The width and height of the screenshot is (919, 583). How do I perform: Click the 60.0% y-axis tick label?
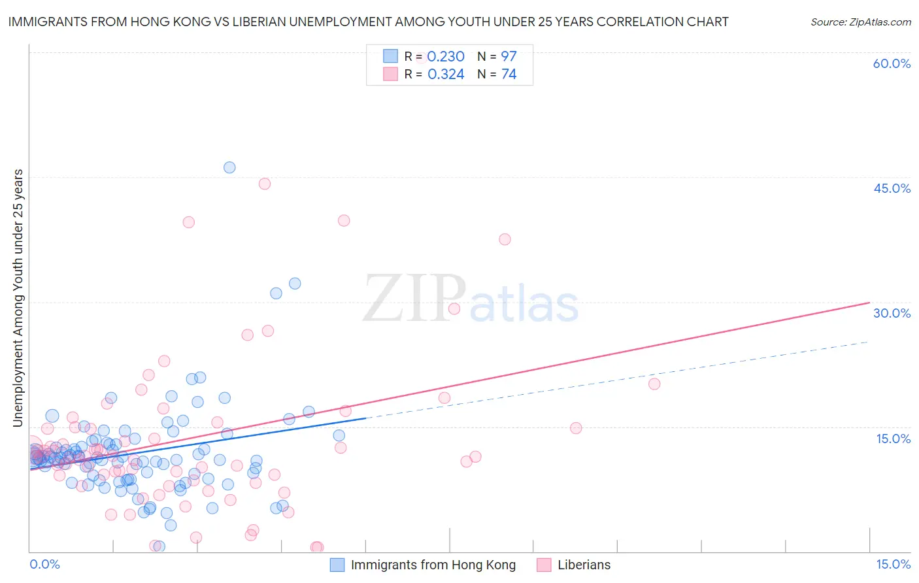coord(892,63)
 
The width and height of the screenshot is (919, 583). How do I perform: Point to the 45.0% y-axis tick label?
coord(892,188)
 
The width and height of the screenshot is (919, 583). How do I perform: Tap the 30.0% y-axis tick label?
coord(892,313)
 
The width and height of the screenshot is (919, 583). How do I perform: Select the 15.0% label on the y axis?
coord(893,439)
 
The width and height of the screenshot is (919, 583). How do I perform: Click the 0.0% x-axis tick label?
coord(44,564)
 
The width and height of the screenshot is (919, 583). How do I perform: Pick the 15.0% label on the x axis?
coord(893,564)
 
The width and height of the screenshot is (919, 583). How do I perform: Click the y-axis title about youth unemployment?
coord(18,298)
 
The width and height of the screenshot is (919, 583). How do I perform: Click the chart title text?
coord(368,22)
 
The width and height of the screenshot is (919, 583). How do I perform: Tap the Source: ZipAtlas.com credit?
coord(860,22)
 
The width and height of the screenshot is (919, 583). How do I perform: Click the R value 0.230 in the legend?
coord(446,56)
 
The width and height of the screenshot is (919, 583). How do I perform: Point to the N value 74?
coord(509,74)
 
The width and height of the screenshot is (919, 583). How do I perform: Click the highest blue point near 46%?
coord(229,167)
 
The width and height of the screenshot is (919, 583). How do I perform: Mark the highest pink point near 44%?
coord(265,184)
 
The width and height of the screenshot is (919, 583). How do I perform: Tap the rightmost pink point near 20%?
coord(654,384)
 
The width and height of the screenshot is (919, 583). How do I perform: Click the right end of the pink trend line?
coord(869,303)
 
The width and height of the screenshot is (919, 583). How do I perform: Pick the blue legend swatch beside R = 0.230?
coord(390,56)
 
